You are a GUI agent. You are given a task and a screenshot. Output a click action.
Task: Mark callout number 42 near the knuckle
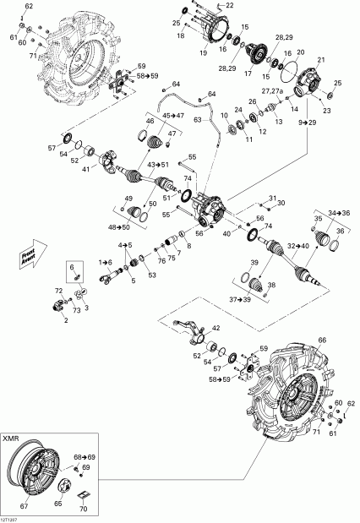pyautogui.click(x=215, y=328)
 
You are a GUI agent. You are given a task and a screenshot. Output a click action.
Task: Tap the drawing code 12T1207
pyautogui.click(x=12, y=518)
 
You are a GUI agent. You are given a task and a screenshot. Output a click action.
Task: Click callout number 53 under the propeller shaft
pyautogui.click(x=151, y=275)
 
